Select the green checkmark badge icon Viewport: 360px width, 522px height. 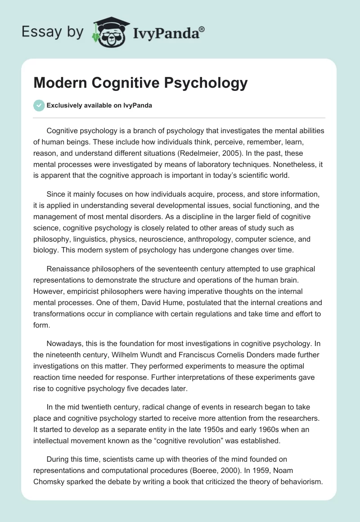click(39, 105)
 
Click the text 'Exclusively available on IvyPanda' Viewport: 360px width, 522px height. click(99, 106)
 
